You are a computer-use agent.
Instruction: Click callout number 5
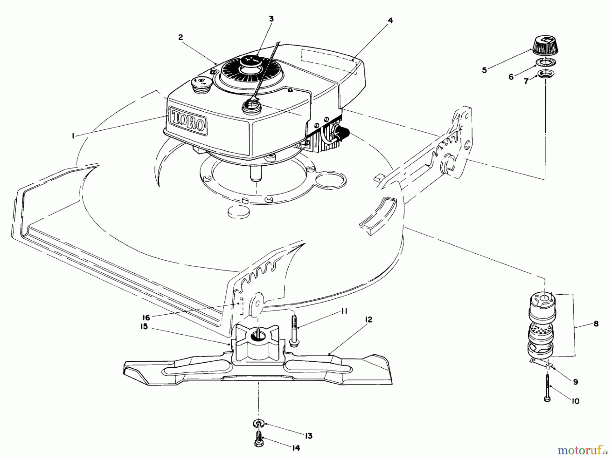(484, 70)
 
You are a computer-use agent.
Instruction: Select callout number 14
(296, 448)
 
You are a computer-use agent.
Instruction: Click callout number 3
(271, 19)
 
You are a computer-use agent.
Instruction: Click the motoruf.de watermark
(582, 451)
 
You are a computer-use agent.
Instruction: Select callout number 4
(390, 20)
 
